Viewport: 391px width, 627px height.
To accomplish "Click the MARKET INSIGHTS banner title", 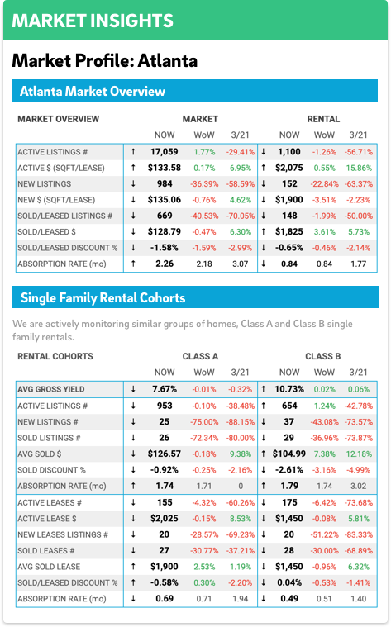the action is pos(93,21).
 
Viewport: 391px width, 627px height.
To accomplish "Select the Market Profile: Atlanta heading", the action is pos(104,61).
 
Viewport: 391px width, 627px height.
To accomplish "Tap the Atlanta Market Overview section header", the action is pos(93,91).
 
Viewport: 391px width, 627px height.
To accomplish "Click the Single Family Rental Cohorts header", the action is pos(103,298).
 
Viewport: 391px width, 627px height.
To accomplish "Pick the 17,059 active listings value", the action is pos(165,152).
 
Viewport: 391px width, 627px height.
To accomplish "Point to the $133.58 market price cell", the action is pos(165,168).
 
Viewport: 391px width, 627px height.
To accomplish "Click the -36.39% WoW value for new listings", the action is pos(204,184).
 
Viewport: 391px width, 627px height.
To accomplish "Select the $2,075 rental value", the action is pos(289,168).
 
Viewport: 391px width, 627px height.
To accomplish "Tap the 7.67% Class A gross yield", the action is pos(165,389).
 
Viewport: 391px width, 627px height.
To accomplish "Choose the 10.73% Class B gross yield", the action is pos(289,389).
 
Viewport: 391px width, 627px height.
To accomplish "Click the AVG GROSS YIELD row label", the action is pos(50,389).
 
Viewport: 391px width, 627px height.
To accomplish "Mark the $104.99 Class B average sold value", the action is pos(289,454).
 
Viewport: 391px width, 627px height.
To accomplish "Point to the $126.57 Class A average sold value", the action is pos(165,454).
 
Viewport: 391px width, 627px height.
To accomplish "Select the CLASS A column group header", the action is pos(200,356).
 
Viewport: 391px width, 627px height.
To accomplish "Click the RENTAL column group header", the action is pos(323,119).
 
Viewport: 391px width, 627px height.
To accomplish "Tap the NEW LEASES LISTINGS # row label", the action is pos(63,534).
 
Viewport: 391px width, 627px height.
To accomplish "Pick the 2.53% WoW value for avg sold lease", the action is pos(204,567).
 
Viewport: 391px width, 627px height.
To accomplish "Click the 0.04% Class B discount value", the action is pos(289,582).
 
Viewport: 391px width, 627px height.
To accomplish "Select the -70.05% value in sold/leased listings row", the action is pos(240,216).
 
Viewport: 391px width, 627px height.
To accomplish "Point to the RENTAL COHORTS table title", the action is pos(55,356).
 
